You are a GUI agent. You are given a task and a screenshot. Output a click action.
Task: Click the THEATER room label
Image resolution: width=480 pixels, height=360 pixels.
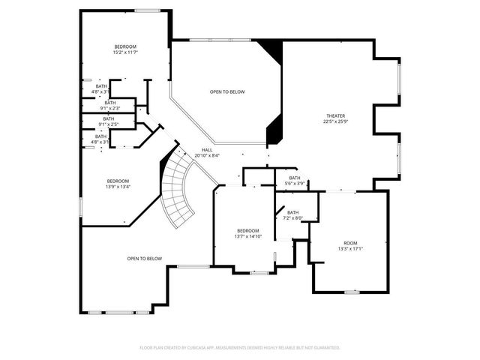pos(335,115)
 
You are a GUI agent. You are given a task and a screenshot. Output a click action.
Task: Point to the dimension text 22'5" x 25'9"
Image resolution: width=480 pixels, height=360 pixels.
pos(335,122)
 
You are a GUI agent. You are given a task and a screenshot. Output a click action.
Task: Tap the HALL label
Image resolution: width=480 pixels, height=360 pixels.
pos(207,149)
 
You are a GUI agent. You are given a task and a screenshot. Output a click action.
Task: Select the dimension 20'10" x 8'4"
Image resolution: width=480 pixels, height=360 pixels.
pos(207,155)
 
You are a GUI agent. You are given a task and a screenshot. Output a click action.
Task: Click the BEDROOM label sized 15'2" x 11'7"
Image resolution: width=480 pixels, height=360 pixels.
pos(124,46)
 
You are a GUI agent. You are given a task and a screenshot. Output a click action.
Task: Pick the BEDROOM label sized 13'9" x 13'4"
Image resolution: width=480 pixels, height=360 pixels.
pos(118,181)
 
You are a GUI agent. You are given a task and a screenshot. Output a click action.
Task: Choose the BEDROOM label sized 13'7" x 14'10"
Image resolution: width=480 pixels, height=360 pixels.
pos(248,230)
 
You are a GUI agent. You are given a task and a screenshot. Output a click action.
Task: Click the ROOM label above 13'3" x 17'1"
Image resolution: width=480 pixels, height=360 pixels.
pos(350,243)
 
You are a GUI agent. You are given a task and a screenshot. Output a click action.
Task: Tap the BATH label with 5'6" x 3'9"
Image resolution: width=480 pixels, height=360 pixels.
pos(295,178)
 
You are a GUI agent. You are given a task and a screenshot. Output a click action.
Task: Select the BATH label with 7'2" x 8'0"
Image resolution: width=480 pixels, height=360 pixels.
pos(292,212)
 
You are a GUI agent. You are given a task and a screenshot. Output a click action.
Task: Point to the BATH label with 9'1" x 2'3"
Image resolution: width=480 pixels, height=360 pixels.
pos(110,103)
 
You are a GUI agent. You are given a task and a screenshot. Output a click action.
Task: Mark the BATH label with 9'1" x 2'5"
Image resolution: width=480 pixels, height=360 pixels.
pos(109,118)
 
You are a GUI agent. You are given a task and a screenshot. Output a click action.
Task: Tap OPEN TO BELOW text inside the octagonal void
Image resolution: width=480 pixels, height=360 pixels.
pos(226,91)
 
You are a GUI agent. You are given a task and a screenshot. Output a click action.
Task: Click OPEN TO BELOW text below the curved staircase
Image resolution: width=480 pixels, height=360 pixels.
pos(144,259)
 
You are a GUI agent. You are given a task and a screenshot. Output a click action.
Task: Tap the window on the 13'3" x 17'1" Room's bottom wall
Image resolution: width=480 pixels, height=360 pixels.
pos(352,291)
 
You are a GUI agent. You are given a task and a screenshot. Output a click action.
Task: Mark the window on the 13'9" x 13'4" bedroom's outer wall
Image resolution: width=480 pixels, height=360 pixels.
pos(81,205)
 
